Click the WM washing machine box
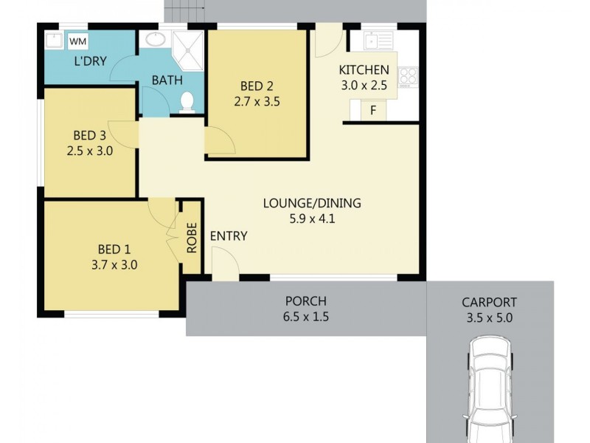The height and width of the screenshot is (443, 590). point(77,41)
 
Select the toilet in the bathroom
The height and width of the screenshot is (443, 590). point(187,101)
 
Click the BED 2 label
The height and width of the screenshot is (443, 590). point(256,84)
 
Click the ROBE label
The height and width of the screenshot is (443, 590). point(192,238)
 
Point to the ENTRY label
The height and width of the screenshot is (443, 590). point(229,236)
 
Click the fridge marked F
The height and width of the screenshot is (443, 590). point(374,111)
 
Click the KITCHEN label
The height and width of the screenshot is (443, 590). point(364,70)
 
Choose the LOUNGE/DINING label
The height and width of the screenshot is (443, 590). point(313,204)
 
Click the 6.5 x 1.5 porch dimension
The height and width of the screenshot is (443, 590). point(306,317)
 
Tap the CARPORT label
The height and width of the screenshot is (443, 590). point(489,302)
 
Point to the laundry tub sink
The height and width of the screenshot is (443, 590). point(55,40)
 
